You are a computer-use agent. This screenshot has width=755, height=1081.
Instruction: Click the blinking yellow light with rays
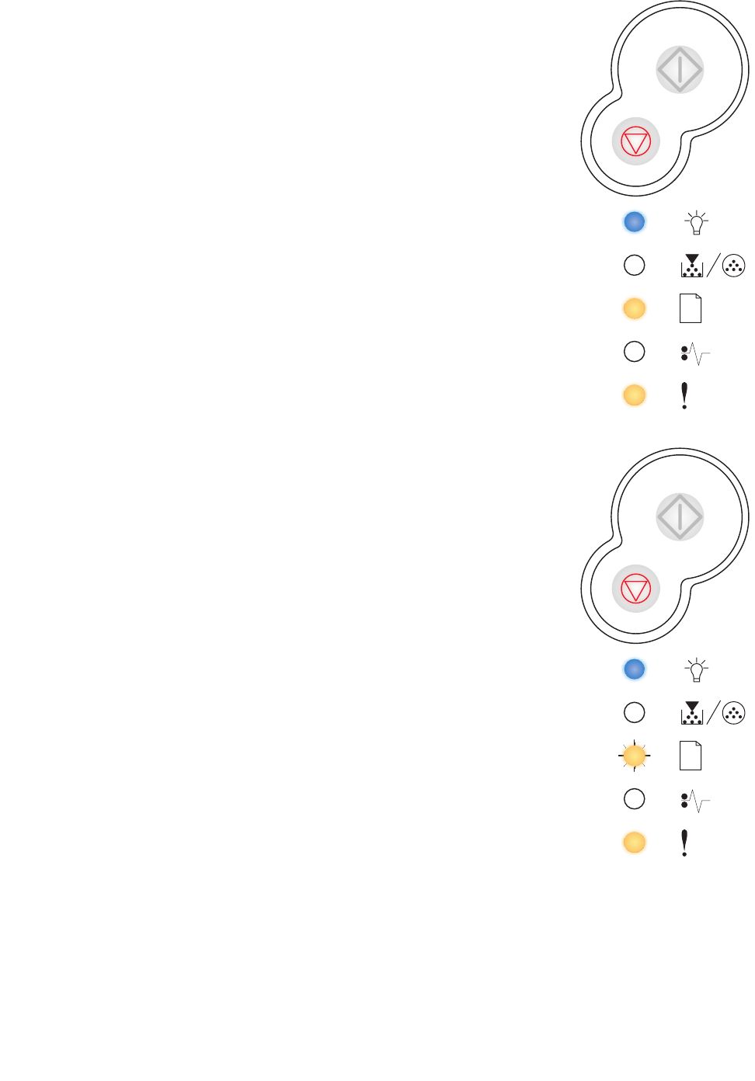[x=635, y=756]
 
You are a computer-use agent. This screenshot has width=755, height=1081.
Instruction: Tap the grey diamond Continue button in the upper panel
[x=680, y=70]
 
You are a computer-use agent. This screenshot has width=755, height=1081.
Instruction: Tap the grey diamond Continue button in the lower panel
[x=680, y=517]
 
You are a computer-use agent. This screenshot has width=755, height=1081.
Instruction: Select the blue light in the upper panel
[x=635, y=222]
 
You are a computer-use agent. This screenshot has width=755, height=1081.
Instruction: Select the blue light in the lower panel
[x=635, y=669]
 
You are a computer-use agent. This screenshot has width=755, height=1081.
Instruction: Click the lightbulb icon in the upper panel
[x=697, y=223]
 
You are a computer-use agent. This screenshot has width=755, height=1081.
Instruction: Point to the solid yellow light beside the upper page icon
[x=635, y=308]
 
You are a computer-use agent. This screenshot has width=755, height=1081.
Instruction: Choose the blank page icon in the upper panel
[x=691, y=308]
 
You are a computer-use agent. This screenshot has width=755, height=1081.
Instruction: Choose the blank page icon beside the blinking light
[x=691, y=756]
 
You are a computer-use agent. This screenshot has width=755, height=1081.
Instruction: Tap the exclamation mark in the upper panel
[x=684, y=395]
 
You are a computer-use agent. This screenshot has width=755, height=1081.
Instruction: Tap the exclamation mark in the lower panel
[x=684, y=843]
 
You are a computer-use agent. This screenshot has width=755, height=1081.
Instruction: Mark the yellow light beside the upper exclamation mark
[x=635, y=395]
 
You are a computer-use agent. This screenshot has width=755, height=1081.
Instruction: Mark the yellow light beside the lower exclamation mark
[x=635, y=843]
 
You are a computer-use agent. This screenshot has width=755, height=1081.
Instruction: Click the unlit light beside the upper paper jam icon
[x=635, y=352]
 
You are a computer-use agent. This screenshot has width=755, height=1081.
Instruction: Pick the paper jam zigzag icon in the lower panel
[x=695, y=801]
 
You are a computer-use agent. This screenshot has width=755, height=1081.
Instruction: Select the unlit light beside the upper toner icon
[x=635, y=266]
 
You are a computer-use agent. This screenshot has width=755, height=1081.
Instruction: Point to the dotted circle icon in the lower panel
[x=733, y=713]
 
